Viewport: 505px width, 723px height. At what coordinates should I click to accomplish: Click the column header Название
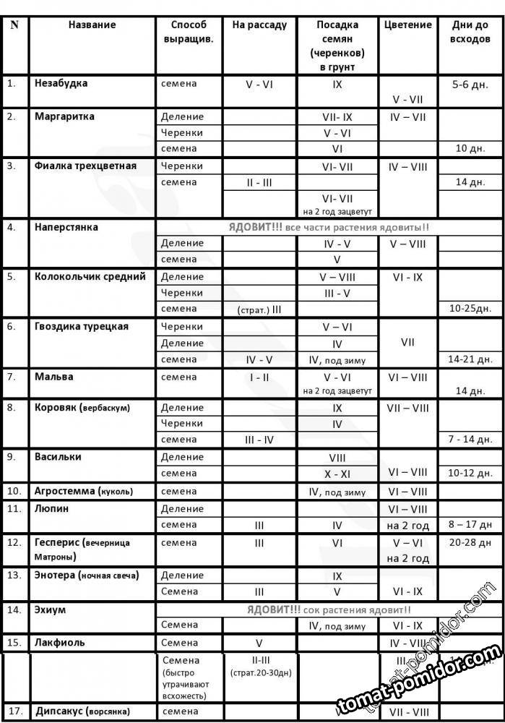coord(92,25)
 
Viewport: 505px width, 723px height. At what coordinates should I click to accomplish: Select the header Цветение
coord(408,25)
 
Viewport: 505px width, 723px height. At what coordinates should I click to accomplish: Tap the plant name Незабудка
coord(61,83)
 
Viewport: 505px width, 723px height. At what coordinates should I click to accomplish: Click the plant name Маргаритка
coord(64,116)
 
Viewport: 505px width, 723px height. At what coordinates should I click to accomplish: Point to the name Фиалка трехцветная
coord(85,166)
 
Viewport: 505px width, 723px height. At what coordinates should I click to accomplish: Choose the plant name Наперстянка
coord(66,227)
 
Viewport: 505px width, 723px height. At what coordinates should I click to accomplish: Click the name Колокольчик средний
coord(90,276)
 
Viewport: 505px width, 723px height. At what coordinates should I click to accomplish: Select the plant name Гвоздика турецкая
coord(82,326)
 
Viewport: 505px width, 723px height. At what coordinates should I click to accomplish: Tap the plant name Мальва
coord(54,377)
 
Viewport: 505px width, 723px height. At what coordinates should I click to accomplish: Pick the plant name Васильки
coord(58,457)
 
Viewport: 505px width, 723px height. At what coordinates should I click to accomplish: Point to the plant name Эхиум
coord(50,609)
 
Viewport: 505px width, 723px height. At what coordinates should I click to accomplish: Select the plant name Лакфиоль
coord(60,642)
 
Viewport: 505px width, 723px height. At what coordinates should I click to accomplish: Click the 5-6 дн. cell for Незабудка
coord(470,85)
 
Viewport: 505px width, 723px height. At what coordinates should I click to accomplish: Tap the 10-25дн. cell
coord(470,309)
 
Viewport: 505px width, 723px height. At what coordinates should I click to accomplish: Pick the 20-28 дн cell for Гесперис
coord(470,542)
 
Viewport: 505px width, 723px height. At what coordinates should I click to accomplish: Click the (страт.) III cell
coord(259,309)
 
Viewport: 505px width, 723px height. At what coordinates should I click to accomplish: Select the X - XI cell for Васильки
coord(337,473)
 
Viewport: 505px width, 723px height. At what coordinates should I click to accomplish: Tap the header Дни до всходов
coord(470,32)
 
